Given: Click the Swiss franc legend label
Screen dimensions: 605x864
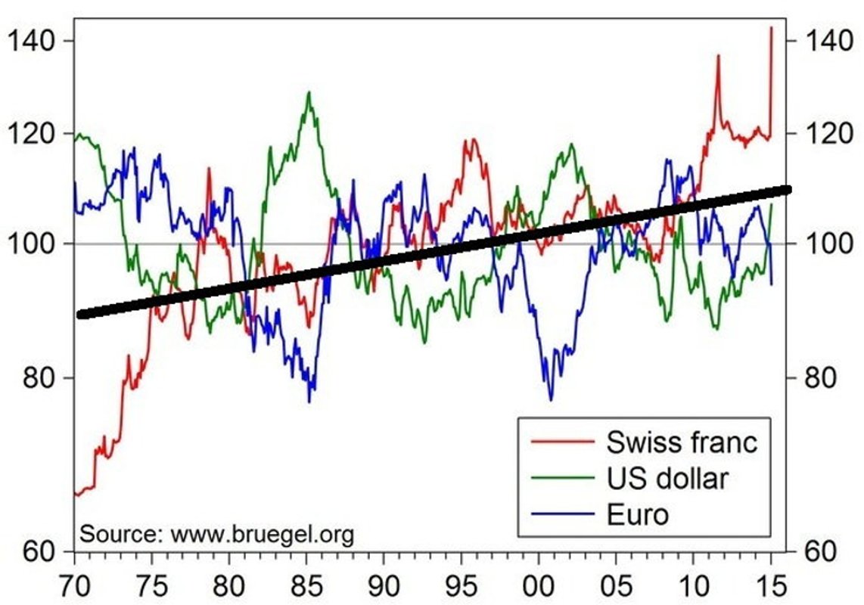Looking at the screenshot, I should pos(681,441).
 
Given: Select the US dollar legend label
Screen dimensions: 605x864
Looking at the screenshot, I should pos(667,478).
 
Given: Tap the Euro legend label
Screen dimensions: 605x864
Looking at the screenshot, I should pos(638,514).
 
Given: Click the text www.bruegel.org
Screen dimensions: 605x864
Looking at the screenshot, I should pos(263,534).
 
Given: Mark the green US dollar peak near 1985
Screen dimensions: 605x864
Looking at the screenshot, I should pos(308,92).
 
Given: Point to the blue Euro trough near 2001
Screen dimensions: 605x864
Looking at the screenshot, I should pos(551,399).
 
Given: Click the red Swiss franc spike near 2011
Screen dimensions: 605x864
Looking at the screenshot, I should pos(717,56).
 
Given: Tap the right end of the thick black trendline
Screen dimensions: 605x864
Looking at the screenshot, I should pos(787,190).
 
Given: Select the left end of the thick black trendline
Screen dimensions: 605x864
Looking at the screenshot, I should pos(81,314).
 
